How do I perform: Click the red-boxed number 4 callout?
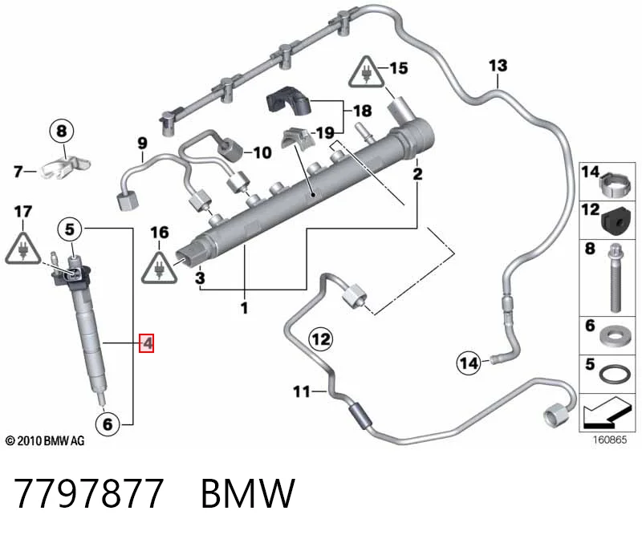pyautogui.click(x=147, y=343)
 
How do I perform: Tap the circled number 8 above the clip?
pyautogui.click(x=62, y=132)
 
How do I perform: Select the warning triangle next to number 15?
pyautogui.click(x=367, y=73)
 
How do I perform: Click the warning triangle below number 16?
pyautogui.click(x=159, y=268)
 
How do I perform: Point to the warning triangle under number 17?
pyautogui.click(x=23, y=248)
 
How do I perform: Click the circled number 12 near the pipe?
pyautogui.click(x=320, y=339)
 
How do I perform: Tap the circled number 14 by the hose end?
pyautogui.click(x=469, y=363)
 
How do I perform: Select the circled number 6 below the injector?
pyautogui.click(x=108, y=423)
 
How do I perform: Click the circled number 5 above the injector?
pyautogui.click(x=70, y=229)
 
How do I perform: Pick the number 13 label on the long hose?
pyautogui.click(x=498, y=66)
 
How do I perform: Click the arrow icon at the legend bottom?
pyautogui.click(x=607, y=412)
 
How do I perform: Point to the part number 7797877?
pyautogui.click(x=88, y=493)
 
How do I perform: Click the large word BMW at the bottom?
pyautogui.click(x=248, y=493)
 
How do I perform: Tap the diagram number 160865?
pyautogui.click(x=610, y=440)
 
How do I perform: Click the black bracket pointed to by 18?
pyautogui.click(x=289, y=100)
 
